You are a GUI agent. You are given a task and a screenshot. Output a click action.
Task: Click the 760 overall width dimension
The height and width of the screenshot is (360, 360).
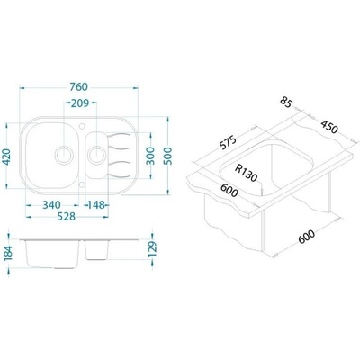tap(78, 87)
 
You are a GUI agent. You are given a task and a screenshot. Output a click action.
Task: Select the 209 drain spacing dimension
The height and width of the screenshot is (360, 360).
tap(80, 103)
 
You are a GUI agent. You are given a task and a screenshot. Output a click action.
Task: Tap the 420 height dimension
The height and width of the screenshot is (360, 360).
tap(6, 157)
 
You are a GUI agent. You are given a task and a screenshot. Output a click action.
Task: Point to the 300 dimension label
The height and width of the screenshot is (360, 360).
tap(151, 156)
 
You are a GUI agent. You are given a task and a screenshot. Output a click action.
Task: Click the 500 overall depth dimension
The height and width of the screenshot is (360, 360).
tap(168, 156)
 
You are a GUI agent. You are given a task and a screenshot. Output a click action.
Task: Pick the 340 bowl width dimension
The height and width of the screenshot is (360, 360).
tap(51, 205)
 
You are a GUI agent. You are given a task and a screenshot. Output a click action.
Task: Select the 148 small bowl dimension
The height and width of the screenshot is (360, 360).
tap(96, 205)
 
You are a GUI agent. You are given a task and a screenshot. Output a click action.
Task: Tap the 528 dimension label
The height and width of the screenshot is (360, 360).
tap(67, 216)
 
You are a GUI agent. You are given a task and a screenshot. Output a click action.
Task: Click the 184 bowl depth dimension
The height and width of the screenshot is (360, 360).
tap(8, 253)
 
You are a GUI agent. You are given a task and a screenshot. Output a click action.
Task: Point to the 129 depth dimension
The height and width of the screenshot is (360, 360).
tap(153, 248)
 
